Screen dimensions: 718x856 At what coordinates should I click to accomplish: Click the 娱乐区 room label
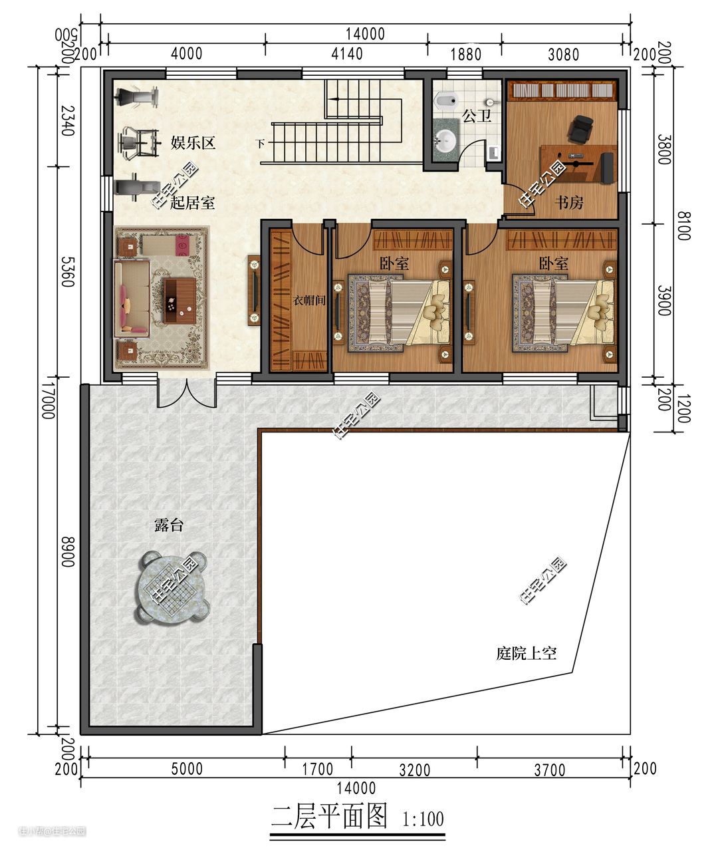point(193,143)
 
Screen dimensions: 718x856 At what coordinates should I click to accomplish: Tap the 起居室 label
point(192,202)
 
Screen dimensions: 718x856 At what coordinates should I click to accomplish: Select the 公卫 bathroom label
point(477,116)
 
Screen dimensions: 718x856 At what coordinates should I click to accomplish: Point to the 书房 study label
point(569,202)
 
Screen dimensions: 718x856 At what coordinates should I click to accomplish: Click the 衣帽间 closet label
point(309,301)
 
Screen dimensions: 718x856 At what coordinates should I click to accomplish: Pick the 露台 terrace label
point(168,525)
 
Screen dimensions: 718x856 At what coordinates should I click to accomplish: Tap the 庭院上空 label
point(527,653)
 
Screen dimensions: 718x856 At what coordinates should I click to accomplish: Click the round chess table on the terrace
point(172,587)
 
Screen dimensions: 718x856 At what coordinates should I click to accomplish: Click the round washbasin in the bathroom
point(446,140)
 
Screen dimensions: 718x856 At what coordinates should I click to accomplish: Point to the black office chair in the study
point(580,129)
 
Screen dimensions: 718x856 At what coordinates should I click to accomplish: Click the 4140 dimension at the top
point(347,54)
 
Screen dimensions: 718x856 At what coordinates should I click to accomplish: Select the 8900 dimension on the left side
point(68,551)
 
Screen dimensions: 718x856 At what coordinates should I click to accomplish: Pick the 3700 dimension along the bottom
point(550,770)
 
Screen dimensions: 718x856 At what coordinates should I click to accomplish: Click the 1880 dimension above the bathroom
point(465,55)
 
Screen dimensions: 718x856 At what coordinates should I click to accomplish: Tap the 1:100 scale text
point(423,819)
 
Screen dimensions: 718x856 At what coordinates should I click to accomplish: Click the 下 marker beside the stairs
point(260,144)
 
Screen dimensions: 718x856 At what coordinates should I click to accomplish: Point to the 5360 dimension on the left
point(68,272)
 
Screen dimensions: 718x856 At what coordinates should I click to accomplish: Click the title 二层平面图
point(329,816)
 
